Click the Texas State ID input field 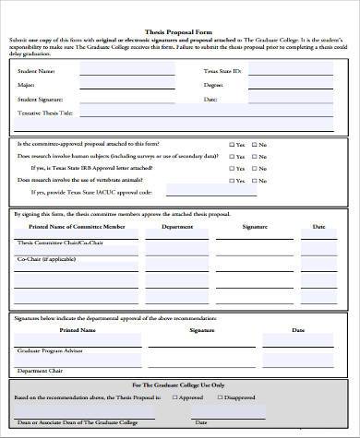(x=291, y=71)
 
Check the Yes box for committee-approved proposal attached (x=231, y=145)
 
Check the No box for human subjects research (x=255, y=156)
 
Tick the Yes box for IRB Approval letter (x=231, y=167)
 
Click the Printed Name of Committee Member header (x=75, y=227)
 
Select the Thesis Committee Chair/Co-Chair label (x=54, y=243)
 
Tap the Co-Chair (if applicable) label (x=42, y=261)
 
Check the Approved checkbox (x=177, y=397)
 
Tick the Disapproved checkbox (x=222, y=397)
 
